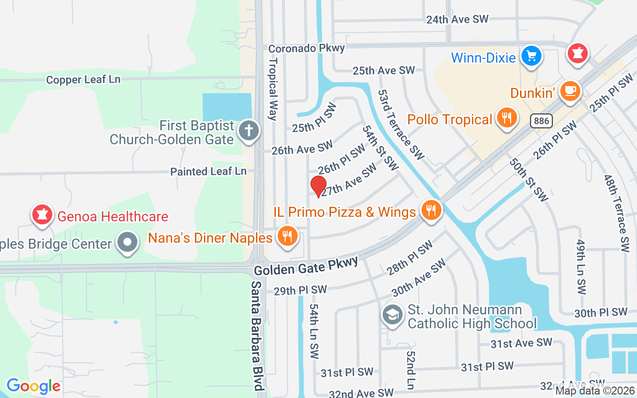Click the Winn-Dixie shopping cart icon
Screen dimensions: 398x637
pos(531,56)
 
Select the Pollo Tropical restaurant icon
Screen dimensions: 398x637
pos(507,118)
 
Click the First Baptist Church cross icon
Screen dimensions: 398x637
pos(248,131)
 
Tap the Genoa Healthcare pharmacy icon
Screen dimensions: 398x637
pos(42,214)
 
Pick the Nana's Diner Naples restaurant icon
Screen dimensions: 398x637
pos(287,236)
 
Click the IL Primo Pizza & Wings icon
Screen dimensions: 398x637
pos(431,210)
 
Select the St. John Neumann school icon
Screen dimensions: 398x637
pos(393,315)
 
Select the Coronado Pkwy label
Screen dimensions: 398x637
pos(307,48)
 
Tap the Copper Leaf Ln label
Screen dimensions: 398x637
pos(83,80)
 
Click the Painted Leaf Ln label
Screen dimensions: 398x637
pos(209,171)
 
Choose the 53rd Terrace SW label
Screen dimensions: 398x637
pos(401,124)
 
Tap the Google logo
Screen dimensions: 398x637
pos(33,386)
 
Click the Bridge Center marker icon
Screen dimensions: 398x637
pos(127,242)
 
